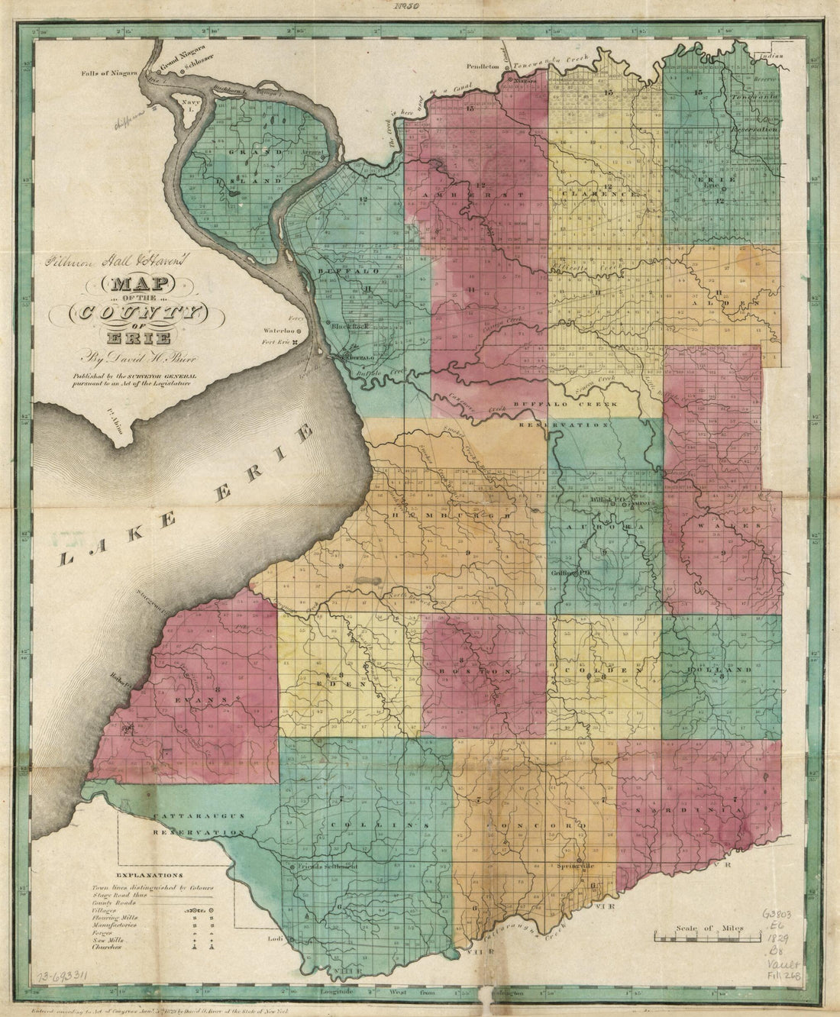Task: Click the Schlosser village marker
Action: click(x=183, y=71)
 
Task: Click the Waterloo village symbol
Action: click(x=299, y=331)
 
